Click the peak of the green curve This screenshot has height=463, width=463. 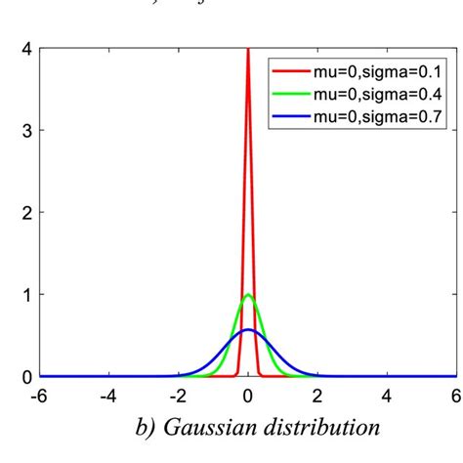[248, 295]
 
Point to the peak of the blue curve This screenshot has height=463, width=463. [248, 330]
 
